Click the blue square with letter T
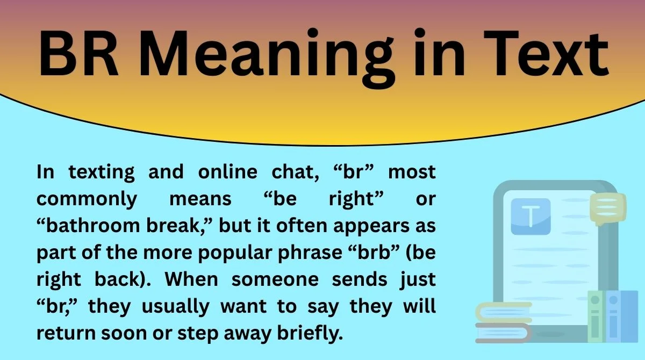[531, 217]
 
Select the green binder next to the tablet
[595, 317]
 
